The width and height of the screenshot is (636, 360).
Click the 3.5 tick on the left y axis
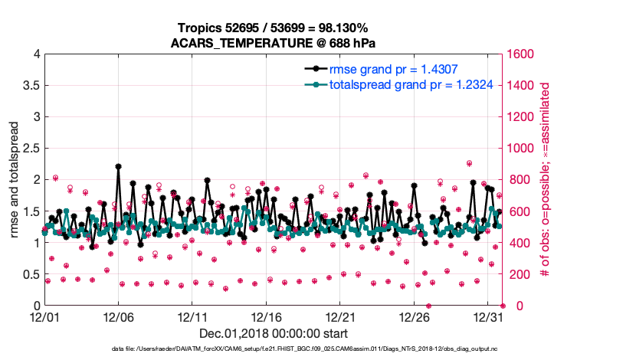pyautogui.click(x=30, y=86)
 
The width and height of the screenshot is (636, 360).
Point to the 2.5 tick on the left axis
pyautogui.click(x=30, y=149)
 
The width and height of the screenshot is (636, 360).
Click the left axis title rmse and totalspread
pyautogui.click(x=15, y=180)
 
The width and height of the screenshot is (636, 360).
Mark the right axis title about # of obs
pyautogui.click(x=546, y=180)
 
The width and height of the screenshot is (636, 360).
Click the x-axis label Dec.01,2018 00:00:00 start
pyautogui.click(x=274, y=333)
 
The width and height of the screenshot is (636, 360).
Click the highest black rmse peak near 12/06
pyautogui.click(x=118, y=166)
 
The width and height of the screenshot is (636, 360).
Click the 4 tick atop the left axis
pyautogui.click(x=35, y=54)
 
